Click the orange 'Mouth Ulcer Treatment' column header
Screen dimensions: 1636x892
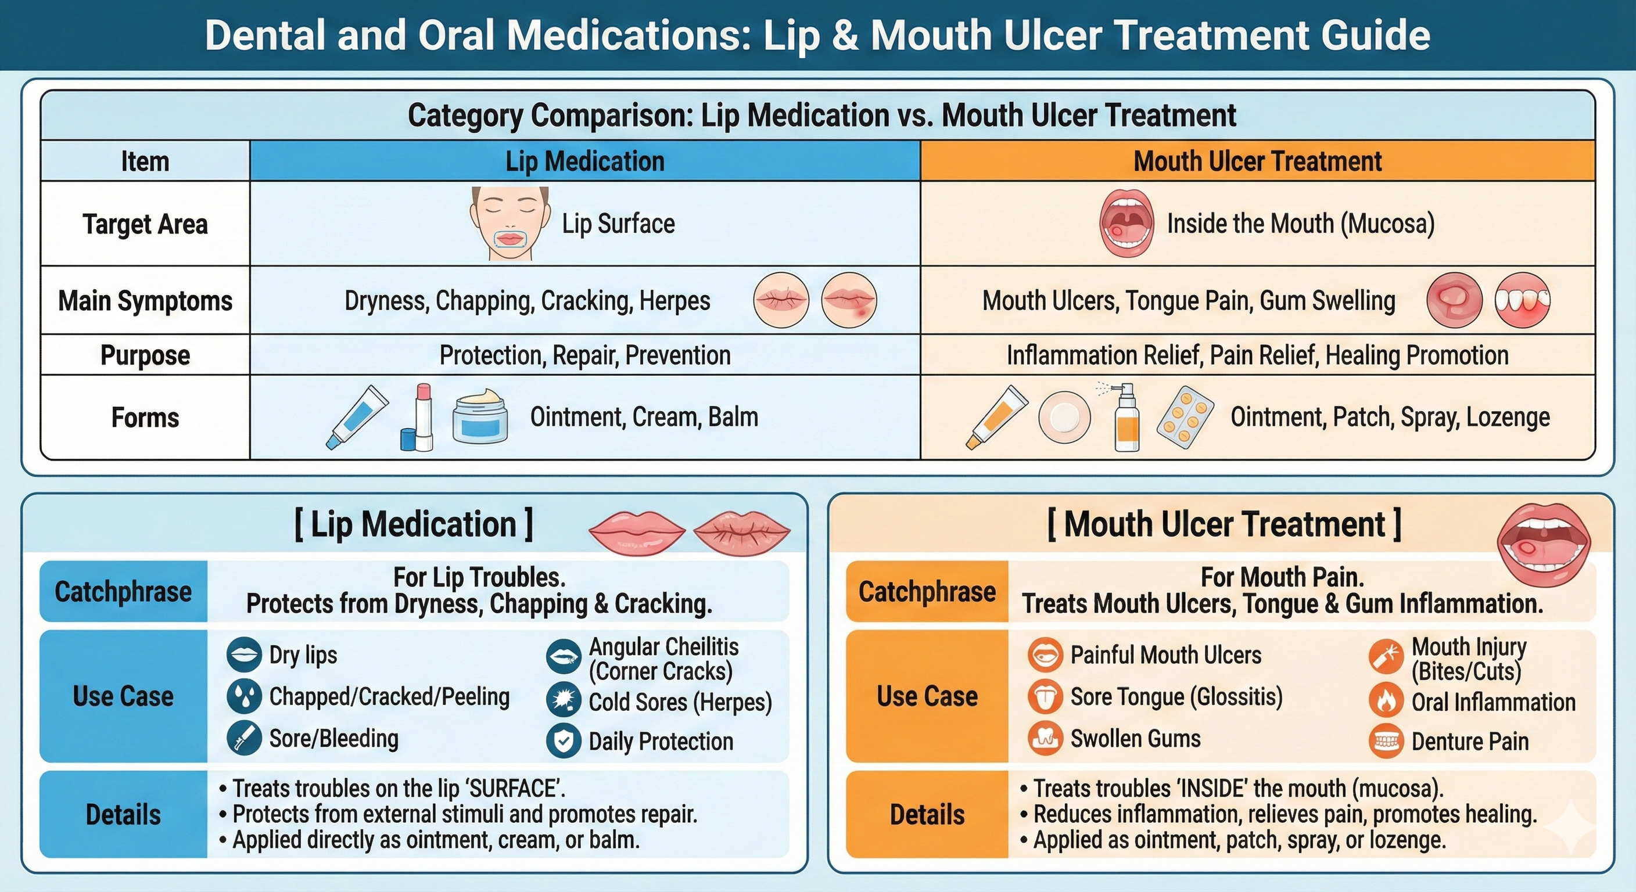[1257, 161]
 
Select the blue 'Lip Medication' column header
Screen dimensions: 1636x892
[584, 161]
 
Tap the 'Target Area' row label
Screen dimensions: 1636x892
[145, 224]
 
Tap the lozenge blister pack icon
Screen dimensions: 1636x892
[1185, 417]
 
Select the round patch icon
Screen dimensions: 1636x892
[1064, 417]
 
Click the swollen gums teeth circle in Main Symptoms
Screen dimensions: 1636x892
[1522, 300]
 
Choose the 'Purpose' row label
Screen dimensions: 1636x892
[145, 355]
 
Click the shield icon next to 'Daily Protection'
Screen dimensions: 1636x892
[564, 741]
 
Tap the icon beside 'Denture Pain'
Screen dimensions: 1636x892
[1386, 741]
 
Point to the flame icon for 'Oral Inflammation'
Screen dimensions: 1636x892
[1386, 701]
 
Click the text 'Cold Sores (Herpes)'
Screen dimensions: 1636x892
[680, 702]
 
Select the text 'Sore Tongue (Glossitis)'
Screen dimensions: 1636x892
[1176, 696]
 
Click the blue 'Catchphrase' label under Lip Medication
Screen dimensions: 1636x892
[123, 591]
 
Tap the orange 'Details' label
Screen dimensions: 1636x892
[927, 815]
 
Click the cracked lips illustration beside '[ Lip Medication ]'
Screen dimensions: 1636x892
[741, 531]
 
